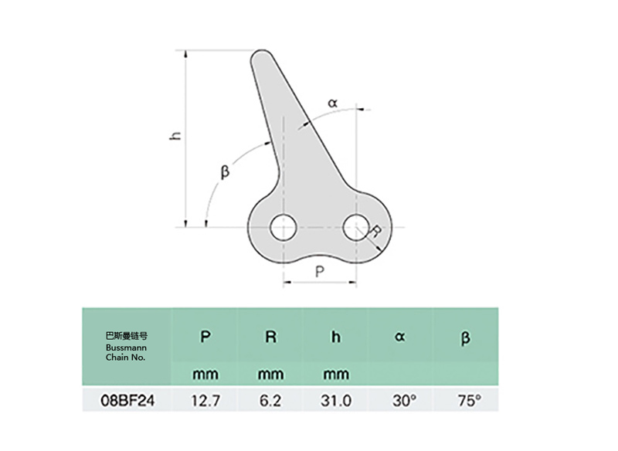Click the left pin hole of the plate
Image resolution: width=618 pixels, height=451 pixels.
[283, 227]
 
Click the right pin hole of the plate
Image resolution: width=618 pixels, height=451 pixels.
[356, 227]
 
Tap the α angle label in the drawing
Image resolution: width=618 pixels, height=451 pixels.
[333, 103]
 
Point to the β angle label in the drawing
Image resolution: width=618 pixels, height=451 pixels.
[225, 171]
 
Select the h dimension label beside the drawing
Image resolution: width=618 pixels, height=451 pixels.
[176, 134]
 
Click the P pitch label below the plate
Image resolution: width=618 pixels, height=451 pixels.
[320, 271]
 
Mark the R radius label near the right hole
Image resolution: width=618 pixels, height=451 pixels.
[375, 231]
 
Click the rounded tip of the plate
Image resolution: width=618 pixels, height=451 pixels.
[262, 55]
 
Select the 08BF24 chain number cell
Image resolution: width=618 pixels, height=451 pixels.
[127, 401]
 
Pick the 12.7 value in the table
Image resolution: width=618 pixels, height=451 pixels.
[205, 401]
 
